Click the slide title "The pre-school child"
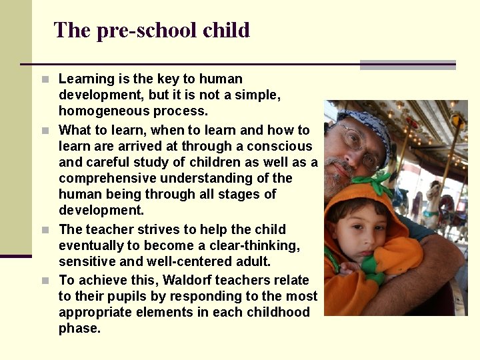pyautogui.click(x=151, y=30)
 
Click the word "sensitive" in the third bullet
pyautogui.click(x=85, y=261)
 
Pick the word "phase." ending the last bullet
pyautogui.click(x=79, y=328)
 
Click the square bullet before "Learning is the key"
pyautogui.click(x=45, y=79)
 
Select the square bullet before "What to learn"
pyautogui.click(x=45, y=130)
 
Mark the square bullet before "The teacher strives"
pyautogui.click(x=45, y=230)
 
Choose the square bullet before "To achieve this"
pyautogui.click(x=45, y=281)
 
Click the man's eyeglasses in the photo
pyautogui.click(x=360, y=145)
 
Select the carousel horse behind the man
pyautogui.click(x=437, y=200)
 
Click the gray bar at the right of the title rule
pyautogui.click(x=407, y=65)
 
